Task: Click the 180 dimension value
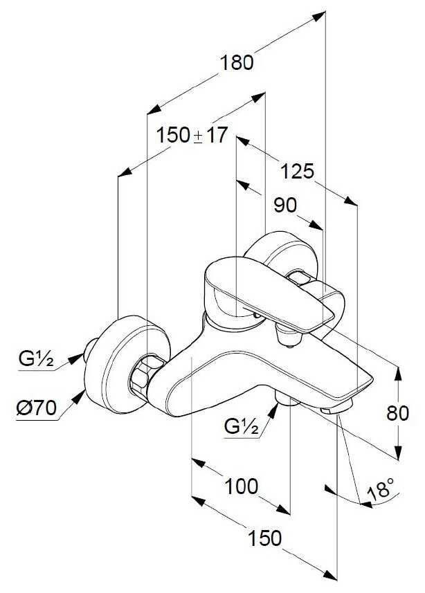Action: click(x=236, y=62)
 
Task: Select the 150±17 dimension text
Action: click(x=192, y=135)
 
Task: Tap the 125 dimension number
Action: click(x=297, y=172)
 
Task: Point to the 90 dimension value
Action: click(x=285, y=206)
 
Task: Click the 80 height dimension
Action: click(x=397, y=413)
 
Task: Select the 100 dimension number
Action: click(x=242, y=486)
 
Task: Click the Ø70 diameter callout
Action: click(x=37, y=408)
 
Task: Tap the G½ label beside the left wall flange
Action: click(x=36, y=359)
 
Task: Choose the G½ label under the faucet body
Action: click(x=242, y=427)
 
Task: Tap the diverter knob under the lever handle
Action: click(x=288, y=336)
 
